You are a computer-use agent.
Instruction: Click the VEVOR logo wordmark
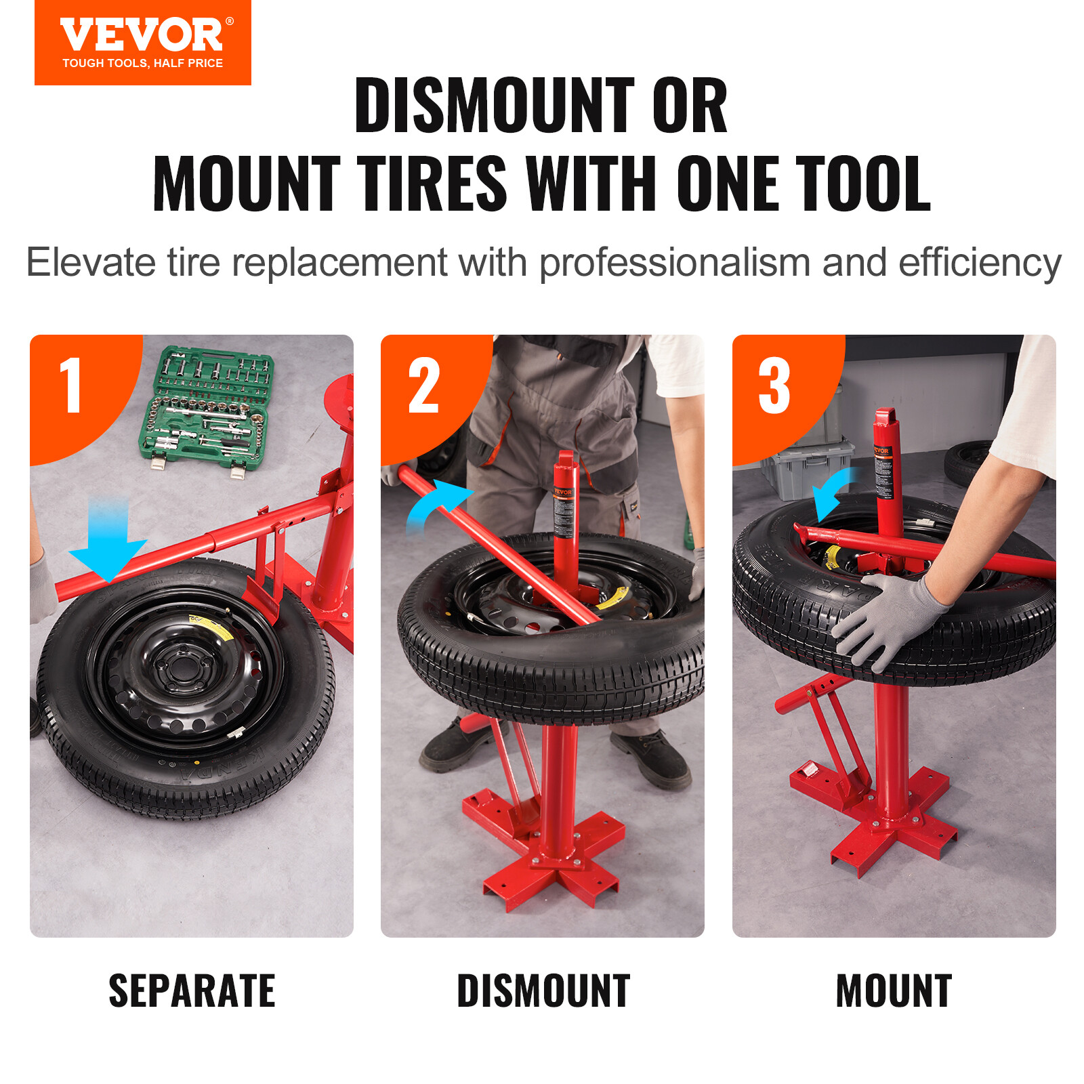pyautogui.click(x=142, y=35)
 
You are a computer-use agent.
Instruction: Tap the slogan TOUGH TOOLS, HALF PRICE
pyautogui.click(x=142, y=63)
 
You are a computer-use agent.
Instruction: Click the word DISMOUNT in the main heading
pyautogui.click(x=495, y=106)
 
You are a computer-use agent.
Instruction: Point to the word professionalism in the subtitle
pyautogui.click(x=674, y=263)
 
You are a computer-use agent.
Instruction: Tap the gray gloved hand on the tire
pyautogui.click(x=888, y=620)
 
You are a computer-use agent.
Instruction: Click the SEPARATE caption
pyautogui.click(x=192, y=991)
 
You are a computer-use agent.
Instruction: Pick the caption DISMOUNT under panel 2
pyautogui.click(x=543, y=991)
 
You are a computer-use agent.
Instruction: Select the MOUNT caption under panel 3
pyautogui.click(x=894, y=991)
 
